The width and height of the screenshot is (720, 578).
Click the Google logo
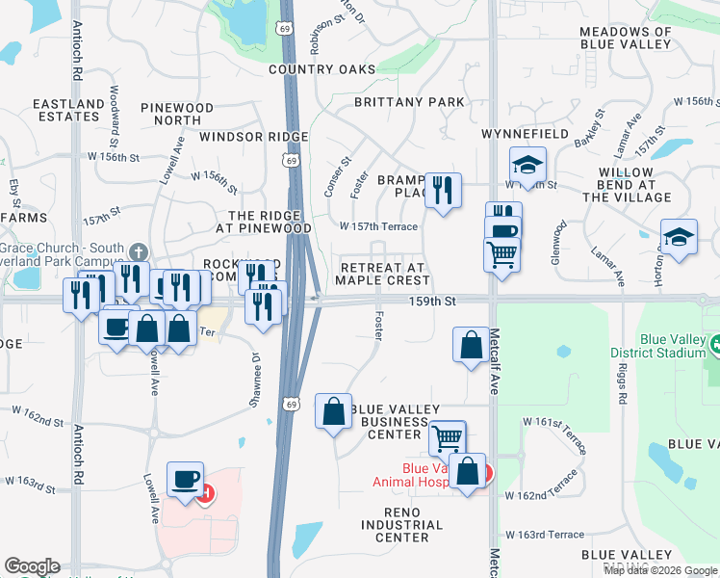[32, 566]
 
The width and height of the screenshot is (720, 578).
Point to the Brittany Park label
[409, 102]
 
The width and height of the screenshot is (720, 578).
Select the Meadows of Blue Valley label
[626, 39]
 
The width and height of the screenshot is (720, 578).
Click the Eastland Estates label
[68, 110]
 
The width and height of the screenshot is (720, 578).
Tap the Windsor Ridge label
[254, 137]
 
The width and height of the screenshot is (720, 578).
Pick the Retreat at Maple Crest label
[382, 274]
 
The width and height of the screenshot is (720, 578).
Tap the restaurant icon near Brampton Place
[443, 190]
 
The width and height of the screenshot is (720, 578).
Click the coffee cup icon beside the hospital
[186, 479]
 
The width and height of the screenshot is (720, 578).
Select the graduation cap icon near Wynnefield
[527, 164]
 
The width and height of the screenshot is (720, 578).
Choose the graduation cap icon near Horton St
[679, 237]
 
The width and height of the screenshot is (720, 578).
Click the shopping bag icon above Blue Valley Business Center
[332, 410]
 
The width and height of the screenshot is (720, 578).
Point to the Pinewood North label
[177, 114]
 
